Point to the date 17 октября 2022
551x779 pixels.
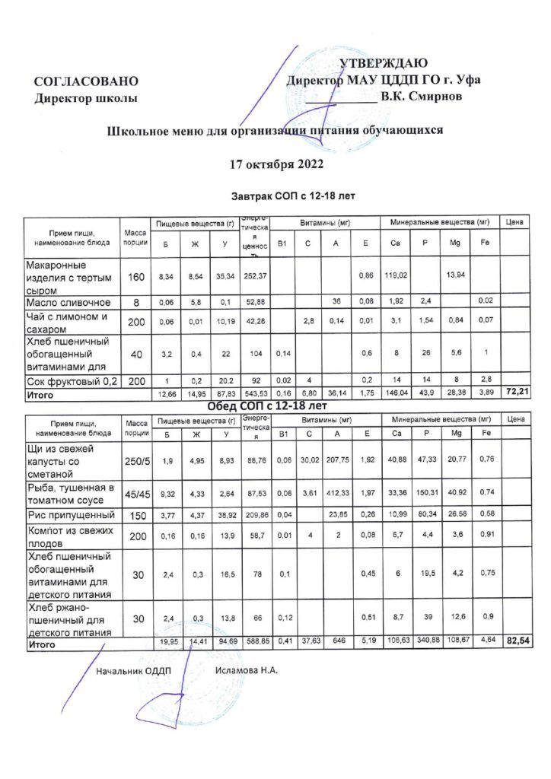(x=276, y=164)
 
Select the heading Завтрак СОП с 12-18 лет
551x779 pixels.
(x=293, y=196)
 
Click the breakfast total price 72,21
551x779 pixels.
(x=518, y=392)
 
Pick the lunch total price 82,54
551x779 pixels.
(x=518, y=642)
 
